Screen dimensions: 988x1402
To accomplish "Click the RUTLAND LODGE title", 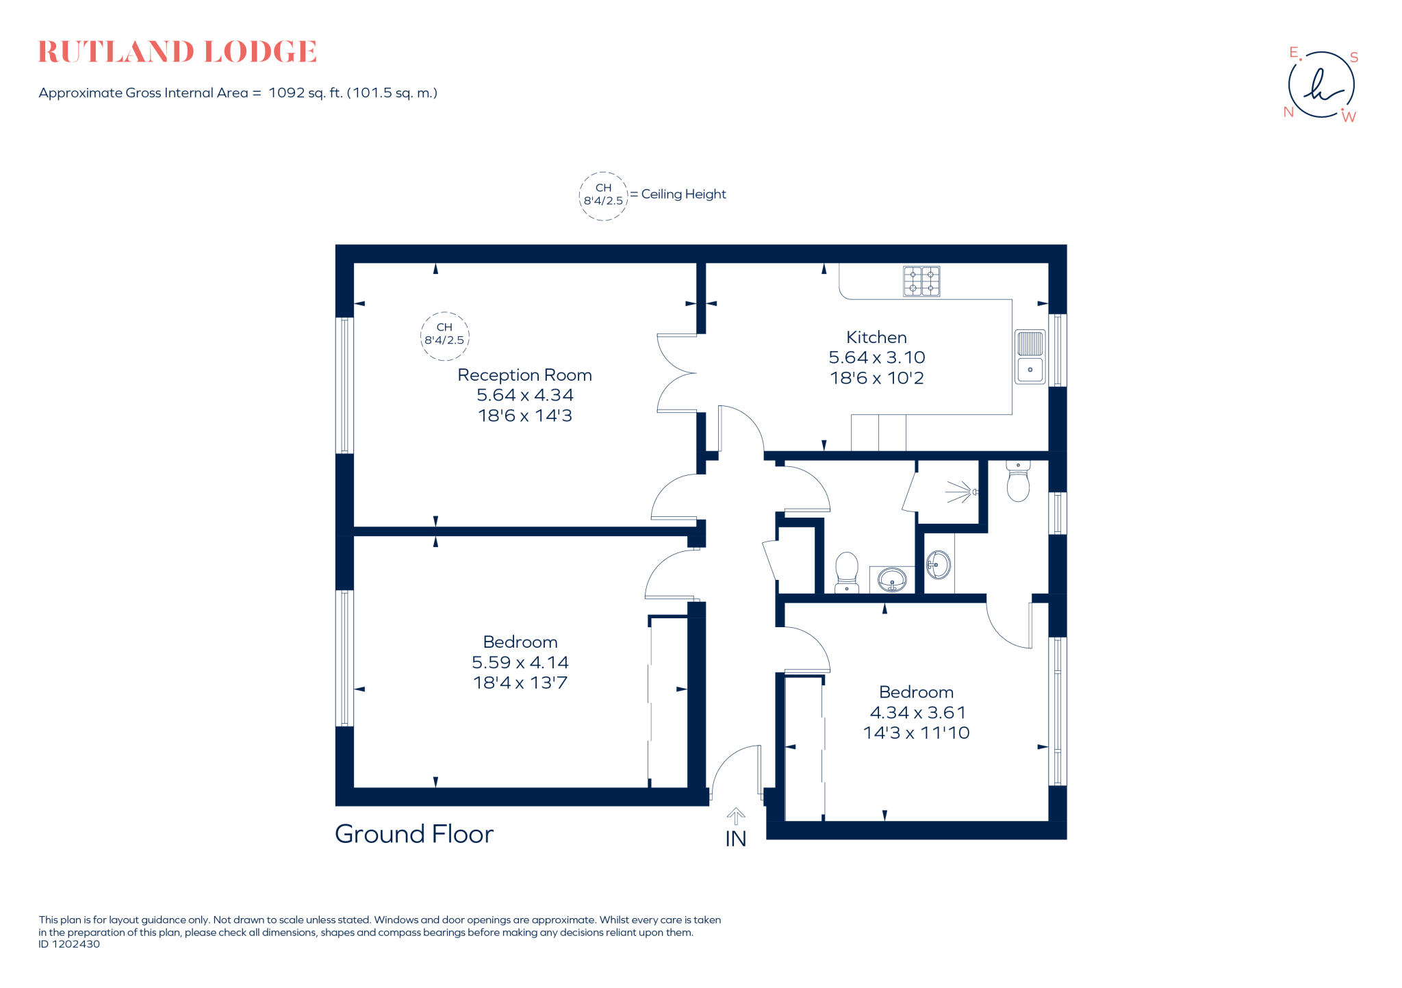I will pos(177,52).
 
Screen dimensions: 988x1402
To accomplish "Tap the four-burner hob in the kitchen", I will pos(921,281).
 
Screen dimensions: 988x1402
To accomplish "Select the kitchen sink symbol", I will pos(1030,357).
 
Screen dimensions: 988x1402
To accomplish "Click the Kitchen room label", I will pos(876,338).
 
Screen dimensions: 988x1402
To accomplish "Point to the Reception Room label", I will pos(524,375).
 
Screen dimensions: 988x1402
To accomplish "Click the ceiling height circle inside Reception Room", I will pos(444,335).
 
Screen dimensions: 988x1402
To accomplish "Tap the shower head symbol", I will pos(962,492).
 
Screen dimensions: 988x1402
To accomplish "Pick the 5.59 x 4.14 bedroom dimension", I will pos(520,662).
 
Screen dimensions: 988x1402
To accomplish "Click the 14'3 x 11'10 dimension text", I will pos(916,733).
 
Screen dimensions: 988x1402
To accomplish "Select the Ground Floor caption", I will pos(413,834).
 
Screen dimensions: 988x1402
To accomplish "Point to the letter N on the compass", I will pos(1288,112).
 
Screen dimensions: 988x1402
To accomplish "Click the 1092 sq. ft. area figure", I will pos(305,93).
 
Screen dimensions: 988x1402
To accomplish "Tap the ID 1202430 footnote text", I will pos(69,944).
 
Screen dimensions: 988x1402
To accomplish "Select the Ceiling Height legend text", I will pos(683,194).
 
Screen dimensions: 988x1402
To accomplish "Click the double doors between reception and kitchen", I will pos(677,373).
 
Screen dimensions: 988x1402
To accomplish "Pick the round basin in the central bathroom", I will pos(891,580).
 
